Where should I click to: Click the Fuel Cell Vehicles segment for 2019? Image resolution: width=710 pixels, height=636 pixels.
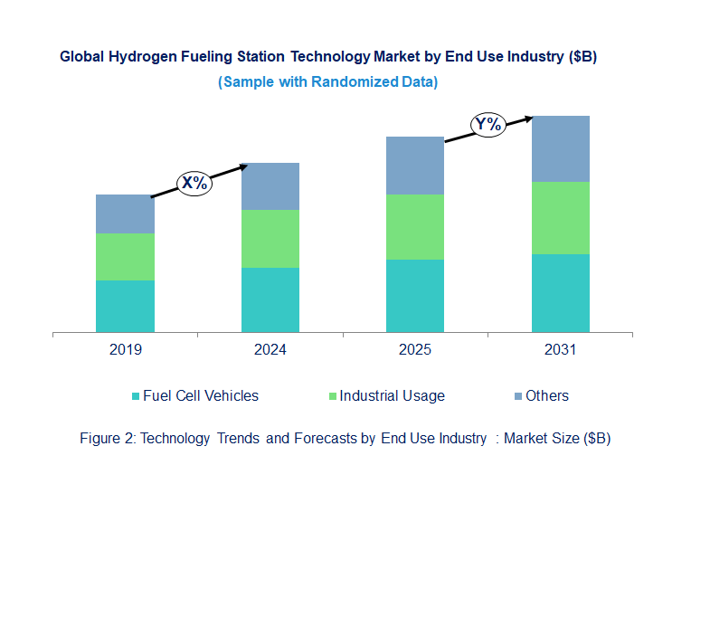click(x=125, y=306)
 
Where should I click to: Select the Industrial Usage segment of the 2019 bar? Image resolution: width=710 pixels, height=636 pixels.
click(x=125, y=257)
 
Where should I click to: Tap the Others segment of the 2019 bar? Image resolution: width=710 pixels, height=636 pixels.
click(x=125, y=214)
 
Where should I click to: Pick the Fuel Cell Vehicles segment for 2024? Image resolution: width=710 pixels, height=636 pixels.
click(x=270, y=299)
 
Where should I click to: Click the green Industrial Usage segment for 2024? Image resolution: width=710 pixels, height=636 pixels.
click(x=270, y=239)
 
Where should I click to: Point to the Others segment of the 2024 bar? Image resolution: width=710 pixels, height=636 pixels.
click(x=270, y=186)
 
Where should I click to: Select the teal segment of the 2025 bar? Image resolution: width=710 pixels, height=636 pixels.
click(x=415, y=296)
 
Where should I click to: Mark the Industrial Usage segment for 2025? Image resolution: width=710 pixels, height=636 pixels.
click(x=415, y=227)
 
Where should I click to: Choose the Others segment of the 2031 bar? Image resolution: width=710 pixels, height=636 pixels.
click(x=560, y=148)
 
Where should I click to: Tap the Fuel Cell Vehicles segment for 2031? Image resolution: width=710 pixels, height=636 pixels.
click(x=560, y=293)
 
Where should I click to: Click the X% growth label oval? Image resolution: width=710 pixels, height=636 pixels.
click(x=194, y=183)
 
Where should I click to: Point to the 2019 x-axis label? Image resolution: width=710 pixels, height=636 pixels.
click(x=125, y=350)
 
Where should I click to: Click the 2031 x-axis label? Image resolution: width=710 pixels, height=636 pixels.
click(x=560, y=350)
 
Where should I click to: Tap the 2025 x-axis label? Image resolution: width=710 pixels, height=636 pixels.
click(x=415, y=350)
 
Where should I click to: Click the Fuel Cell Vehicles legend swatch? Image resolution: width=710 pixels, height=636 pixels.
click(x=136, y=396)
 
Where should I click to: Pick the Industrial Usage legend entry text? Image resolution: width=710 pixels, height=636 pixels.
click(x=392, y=395)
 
